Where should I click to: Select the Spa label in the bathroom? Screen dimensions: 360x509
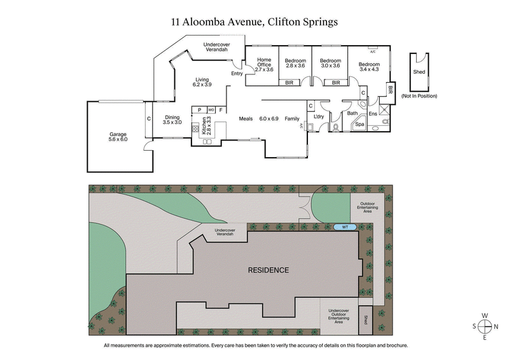point(359,125)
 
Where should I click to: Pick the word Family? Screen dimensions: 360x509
point(292,119)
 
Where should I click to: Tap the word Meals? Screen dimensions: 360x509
point(246,119)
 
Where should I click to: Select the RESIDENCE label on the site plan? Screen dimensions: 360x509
point(268,270)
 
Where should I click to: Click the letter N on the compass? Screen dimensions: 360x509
point(498,326)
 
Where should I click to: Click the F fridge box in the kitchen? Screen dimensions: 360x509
point(221,109)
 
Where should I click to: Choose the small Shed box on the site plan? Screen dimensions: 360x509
point(366,320)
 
